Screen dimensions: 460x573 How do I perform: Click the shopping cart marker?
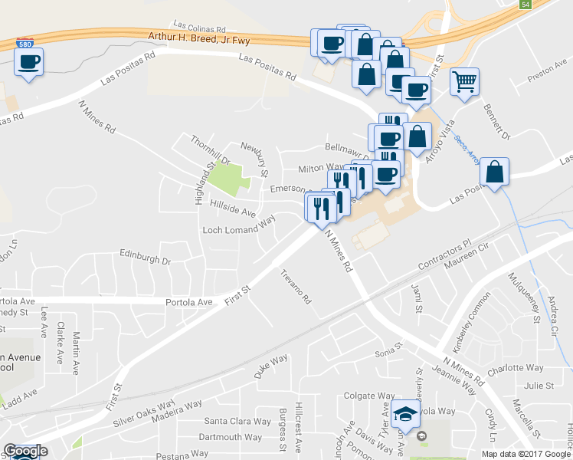(464, 80)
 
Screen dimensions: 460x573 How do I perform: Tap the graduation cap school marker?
(405, 416)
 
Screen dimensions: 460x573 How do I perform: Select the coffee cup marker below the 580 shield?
(28, 62)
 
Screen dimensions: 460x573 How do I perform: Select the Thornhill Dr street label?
(209, 149)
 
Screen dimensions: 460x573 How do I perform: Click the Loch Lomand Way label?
(238, 229)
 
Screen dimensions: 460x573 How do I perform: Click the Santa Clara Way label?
(237, 422)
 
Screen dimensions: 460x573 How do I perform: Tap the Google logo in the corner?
(25, 451)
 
